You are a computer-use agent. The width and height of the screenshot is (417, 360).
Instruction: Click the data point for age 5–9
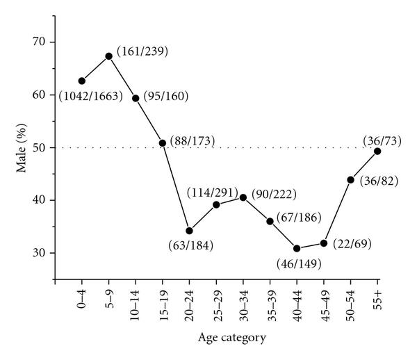pyautogui.click(x=108, y=56)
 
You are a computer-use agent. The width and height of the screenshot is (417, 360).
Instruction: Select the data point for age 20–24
pyautogui.click(x=189, y=231)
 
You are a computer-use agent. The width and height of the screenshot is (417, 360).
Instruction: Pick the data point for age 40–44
pyautogui.click(x=297, y=248)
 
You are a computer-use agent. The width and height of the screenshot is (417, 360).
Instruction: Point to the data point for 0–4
pyautogui.click(x=81, y=81)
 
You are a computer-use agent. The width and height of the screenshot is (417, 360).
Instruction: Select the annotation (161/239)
pyautogui.click(x=142, y=51)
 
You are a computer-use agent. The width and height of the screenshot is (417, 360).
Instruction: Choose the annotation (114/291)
pyautogui.click(x=212, y=193)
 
